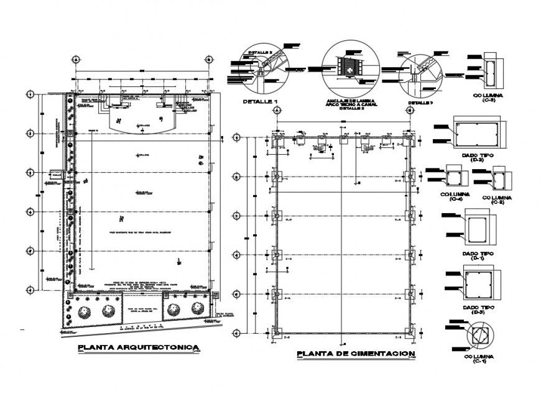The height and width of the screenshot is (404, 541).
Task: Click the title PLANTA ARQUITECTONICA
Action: click(x=137, y=347)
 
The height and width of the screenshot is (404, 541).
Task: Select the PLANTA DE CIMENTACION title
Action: click(x=355, y=354)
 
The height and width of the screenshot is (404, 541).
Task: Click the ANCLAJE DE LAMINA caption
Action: click(x=351, y=102)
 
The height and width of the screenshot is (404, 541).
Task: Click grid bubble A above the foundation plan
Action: click(x=277, y=109)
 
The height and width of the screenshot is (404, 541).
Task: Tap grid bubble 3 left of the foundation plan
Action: click(x=236, y=216)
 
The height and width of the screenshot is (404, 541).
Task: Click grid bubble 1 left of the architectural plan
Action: click(x=29, y=94)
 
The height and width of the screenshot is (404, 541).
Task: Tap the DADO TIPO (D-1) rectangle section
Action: click(x=478, y=228)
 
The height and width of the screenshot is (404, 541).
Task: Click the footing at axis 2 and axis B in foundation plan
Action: click(x=409, y=177)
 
